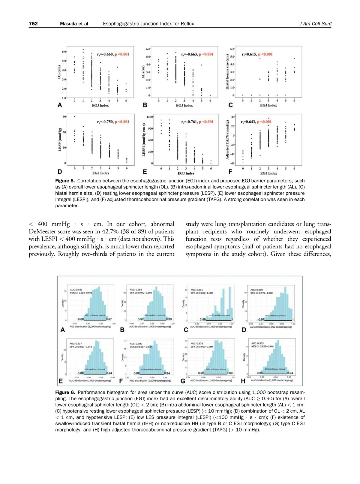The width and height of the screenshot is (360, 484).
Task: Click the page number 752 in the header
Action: tap(33, 24)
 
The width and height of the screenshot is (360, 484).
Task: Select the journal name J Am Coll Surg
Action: tap(315, 24)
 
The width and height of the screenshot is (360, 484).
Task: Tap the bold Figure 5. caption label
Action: tap(65, 181)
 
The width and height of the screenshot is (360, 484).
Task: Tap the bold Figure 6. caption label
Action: tap(65, 392)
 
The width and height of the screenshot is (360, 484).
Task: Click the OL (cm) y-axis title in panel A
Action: tap(59, 73)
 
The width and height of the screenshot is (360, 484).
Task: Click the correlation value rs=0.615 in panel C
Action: tap(249, 54)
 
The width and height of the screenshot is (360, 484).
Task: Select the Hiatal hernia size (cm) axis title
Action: tap(227, 72)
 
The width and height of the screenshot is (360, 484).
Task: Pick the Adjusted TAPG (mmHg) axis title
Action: tap(227, 140)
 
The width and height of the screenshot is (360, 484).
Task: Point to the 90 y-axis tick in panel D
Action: tap(64, 116)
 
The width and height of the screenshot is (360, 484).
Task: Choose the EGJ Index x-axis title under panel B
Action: tap(184, 106)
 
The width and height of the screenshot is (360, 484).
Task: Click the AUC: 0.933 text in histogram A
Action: tap(76, 290)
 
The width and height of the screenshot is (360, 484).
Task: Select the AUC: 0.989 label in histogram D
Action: tap(256, 290)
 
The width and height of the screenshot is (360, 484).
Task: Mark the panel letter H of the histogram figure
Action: tap(243, 381)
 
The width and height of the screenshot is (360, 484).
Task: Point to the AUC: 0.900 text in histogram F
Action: tap(136, 344)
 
